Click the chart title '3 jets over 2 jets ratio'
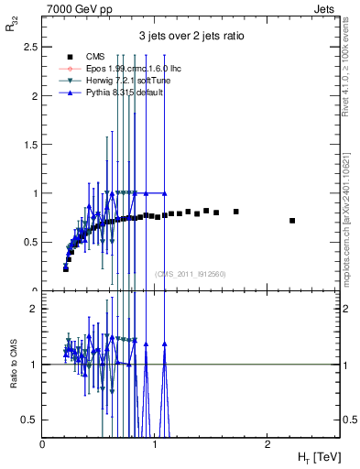(x=191, y=37)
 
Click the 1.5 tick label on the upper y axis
(x=31, y=145)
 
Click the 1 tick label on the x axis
(x=154, y=442)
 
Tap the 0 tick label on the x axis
(x=43, y=442)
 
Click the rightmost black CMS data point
(x=292, y=221)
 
